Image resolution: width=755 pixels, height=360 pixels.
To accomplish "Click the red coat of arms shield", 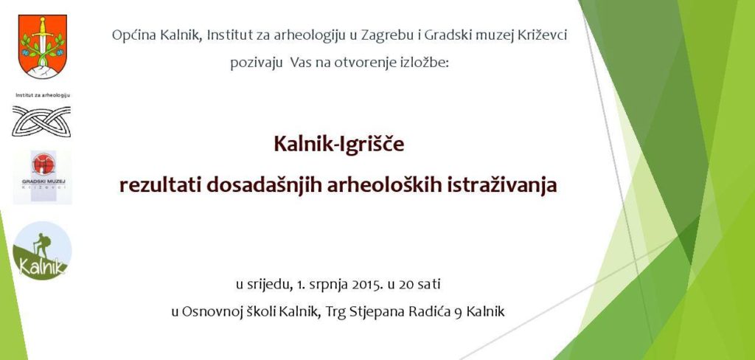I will pyautogui.click(x=41, y=46).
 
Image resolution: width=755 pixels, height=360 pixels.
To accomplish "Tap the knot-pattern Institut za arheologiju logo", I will pyautogui.click(x=42, y=121).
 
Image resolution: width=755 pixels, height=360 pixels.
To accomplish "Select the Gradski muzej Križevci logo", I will pyautogui.click(x=43, y=176).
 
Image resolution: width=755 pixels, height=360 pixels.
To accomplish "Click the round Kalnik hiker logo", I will pyautogui.click(x=42, y=249).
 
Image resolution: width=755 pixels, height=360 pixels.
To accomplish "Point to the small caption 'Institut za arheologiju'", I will pyautogui.click(x=42, y=95).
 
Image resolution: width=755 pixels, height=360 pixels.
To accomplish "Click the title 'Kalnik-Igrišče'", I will pyautogui.click(x=339, y=144).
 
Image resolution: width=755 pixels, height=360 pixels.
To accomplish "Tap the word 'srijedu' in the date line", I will pyautogui.click(x=270, y=283).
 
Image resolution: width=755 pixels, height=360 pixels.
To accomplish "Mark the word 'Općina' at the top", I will pyautogui.click(x=131, y=35).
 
